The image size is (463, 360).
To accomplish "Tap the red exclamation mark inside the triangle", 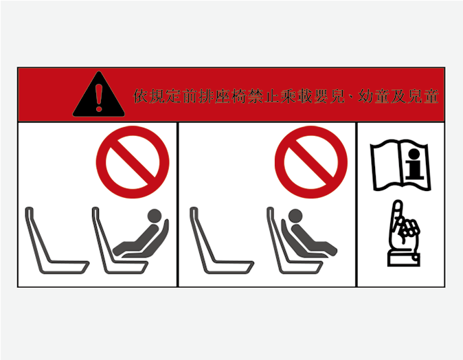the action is point(99,98).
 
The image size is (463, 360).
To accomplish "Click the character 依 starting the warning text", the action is point(141,96).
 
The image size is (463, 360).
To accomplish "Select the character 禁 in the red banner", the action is point(256,96).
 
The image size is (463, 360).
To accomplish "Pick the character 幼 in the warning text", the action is point(366,96).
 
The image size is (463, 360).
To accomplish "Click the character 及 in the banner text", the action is point(398,96).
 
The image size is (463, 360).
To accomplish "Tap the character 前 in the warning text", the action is point(190,96).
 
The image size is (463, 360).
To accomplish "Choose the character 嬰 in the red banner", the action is point(321,96).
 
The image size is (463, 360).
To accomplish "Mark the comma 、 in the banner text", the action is point(351,99).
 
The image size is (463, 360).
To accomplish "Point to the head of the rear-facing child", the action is point(155,216).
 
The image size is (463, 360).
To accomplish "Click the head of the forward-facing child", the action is point(295,216).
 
